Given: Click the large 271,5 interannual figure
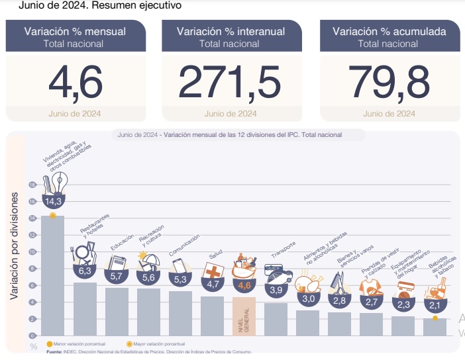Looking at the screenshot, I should coord(230,81).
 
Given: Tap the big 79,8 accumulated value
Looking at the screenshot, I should coord(389,81).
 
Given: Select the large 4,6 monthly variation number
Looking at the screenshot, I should coord(76,81).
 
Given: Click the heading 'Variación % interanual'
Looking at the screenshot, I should coord(231,31).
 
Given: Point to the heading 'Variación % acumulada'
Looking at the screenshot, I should coord(389,31).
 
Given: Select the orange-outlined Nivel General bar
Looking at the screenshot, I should coord(244,316).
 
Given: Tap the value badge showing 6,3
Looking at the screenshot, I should coord(85,271).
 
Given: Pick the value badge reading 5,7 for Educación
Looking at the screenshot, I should coord(117,276).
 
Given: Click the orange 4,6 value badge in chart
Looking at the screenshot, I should coord(244,285).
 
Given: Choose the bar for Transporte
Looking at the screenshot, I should coord(276,318).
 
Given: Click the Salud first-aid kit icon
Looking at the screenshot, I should coord(213,271).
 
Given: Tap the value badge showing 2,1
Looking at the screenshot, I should coord(435,306).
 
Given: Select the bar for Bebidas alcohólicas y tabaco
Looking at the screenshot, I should coord(435,327).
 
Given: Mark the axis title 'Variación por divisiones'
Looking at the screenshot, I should coord(14,247).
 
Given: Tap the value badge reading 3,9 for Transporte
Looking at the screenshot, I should coord(276,290).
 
